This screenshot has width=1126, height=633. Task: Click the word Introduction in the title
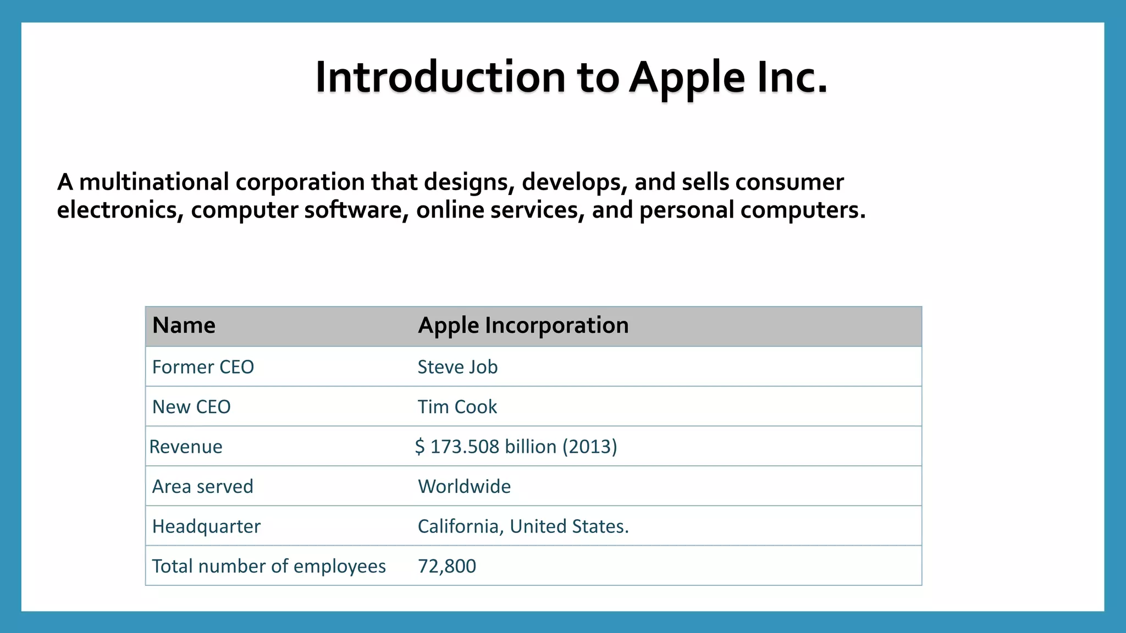(x=440, y=77)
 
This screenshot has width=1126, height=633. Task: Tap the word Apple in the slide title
(x=687, y=77)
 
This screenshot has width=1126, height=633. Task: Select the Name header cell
(x=184, y=325)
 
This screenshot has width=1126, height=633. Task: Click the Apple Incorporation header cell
(x=523, y=325)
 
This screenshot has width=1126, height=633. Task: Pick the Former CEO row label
(x=203, y=367)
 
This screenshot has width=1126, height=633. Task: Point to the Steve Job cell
(x=457, y=367)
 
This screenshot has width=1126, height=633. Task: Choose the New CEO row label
(x=191, y=407)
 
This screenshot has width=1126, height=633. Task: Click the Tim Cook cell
(x=457, y=407)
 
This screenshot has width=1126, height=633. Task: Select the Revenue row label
(x=186, y=447)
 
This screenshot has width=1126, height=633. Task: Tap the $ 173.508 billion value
(x=486, y=447)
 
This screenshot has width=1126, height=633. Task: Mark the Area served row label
(x=202, y=487)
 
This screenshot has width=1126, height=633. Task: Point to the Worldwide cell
(x=464, y=487)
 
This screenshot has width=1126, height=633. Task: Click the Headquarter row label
(x=206, y=526)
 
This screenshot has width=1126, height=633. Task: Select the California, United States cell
(x=523, y=526)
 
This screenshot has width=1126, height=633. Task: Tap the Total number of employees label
(x=269, y=567)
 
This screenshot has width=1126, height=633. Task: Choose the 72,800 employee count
(x=447, y=567)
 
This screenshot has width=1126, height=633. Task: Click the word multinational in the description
(x=154, y=182)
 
